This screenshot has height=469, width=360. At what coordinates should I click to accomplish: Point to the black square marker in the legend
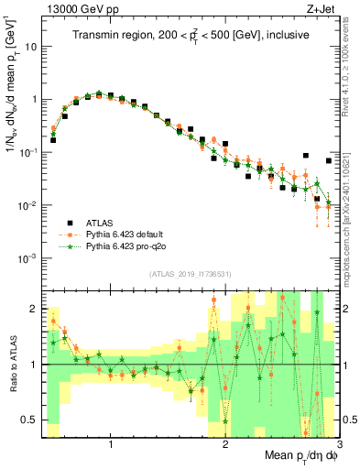(70, 223)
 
